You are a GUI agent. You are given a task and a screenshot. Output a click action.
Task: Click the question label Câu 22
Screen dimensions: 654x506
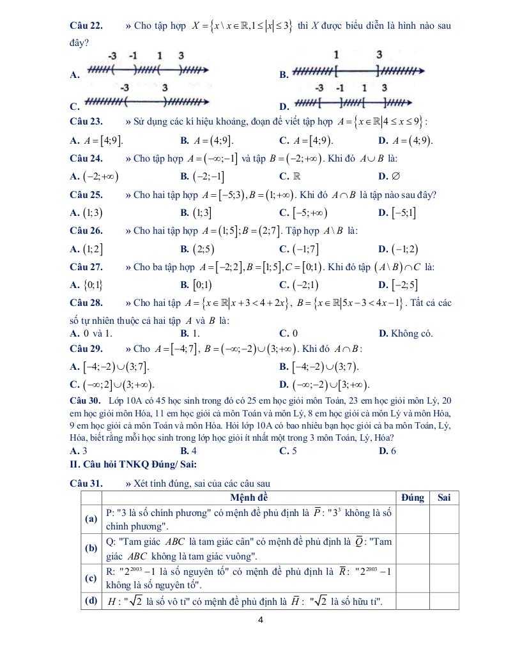[86, 26]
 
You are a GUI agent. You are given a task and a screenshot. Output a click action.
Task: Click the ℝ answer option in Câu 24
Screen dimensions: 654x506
[296, 176]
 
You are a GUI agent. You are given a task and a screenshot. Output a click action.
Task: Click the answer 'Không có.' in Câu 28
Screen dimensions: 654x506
[410, 333]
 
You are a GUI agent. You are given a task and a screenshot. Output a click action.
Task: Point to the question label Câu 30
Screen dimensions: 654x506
[86, 401]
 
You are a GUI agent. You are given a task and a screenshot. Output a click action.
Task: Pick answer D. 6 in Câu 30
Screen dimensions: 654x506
[387, 450]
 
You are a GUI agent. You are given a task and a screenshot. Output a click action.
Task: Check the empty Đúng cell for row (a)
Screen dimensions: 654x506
[412, 519]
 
